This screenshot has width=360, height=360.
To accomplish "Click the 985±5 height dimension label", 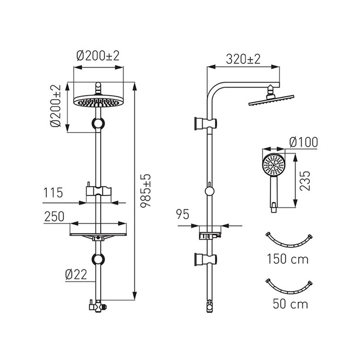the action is click(146, 191).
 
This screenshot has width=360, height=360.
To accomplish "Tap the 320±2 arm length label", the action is click(243, 59).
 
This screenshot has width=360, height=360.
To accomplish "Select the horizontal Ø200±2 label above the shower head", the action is click(98, 56).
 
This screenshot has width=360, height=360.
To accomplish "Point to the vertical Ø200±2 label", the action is click(56, 106).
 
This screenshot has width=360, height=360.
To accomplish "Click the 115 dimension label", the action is click(53, 193).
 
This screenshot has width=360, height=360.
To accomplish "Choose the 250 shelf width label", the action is click(54, 217).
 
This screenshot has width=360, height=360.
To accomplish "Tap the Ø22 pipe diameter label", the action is click(76, 274).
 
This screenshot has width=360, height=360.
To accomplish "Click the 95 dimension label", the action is click(182, 214).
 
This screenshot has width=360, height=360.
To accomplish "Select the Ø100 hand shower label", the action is click(303, 142).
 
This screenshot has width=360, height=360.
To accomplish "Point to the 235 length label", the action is click(305, 181).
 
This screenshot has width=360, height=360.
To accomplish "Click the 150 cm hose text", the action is click(288, 259).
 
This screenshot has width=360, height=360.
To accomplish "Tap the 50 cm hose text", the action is click(290, 304).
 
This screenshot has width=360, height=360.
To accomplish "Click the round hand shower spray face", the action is click(274, 165).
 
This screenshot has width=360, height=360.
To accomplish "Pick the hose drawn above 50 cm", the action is click(289, 291).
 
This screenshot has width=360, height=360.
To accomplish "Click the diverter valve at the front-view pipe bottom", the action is click(98, 306).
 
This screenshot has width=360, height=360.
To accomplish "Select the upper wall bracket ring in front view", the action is click(98, 123).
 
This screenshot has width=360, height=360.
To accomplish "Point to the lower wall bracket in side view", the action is click(206, 259).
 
